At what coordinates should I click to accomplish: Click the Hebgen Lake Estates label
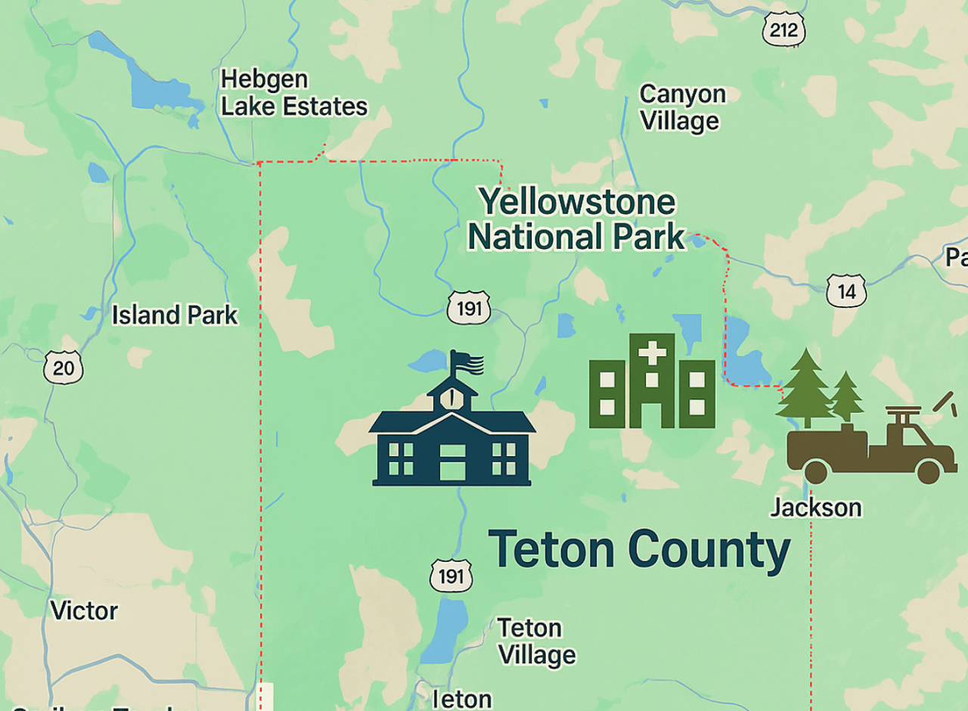pos(293,93)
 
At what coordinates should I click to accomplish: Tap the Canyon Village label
pos(681,107)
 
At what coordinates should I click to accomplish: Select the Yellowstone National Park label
pos(576,219)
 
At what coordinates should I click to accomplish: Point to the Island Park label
pos(175,315)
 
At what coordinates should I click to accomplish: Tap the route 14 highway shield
pos(845,291)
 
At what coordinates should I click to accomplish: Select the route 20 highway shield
pos(64,368)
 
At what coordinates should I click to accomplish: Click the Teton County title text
pos(639,550)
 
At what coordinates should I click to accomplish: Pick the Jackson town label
pos(816,507)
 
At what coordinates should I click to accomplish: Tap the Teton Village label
pos(536,641)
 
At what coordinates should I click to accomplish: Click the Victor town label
pos(84,610)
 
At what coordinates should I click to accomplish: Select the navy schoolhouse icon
pos(451,439)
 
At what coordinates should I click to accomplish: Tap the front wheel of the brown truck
pos(927,472)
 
